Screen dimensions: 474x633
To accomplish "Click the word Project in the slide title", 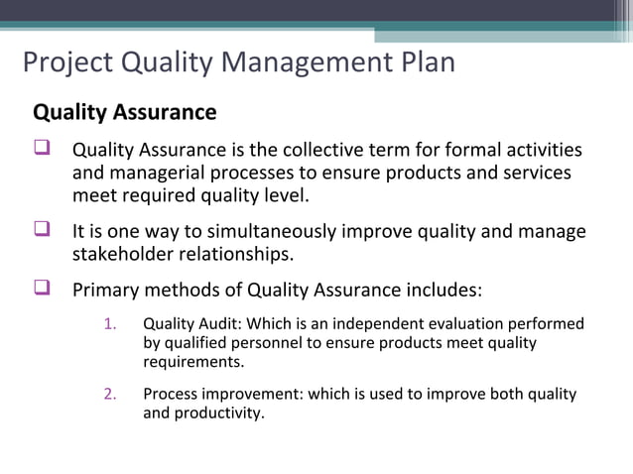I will coord(67,63).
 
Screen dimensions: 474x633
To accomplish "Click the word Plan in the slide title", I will coord(423,63).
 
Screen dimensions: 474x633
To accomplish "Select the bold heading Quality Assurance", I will coord(125,112).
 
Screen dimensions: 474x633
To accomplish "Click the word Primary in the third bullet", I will coord(106,291).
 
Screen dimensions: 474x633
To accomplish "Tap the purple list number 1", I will coord(110,324).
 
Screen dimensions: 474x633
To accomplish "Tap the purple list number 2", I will coord(110,394).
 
